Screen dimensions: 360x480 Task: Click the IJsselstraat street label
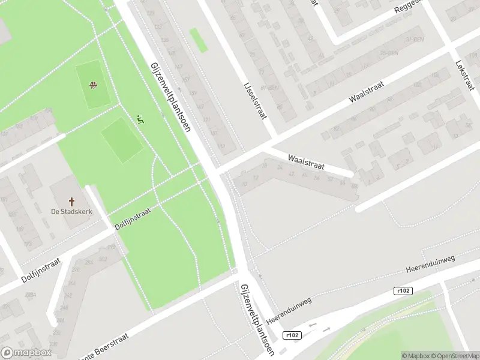[255, 100]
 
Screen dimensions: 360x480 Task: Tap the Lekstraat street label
[466, 76]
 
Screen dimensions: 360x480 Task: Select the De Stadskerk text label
[71, 212]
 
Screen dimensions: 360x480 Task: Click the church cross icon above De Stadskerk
[71, 201]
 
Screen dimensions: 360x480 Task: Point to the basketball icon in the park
[93, 85]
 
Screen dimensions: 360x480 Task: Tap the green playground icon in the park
[140, 120]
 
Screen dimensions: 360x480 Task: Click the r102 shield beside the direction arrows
[293, 335]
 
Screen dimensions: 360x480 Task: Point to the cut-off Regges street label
[409, 8]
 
